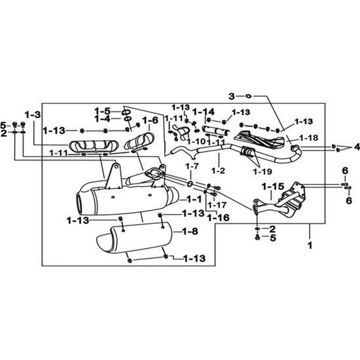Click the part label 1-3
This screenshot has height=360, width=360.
[33, 115]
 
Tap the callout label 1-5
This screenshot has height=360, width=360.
[102, 111]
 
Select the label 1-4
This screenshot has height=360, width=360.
[102, 119]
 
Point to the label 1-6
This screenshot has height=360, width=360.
[151, 120]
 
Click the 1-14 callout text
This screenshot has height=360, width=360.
[203, 112]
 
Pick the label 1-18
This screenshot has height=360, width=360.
[309, 137]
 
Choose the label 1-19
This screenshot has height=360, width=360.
[262, 171]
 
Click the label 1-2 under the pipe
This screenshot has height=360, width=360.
[218, 171]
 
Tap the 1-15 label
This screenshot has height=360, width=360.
[273, 187]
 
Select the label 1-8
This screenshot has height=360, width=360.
[190, 232]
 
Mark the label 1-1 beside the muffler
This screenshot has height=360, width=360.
[194, 199]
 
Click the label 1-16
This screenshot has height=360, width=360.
[219, 217]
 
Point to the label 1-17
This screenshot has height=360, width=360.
[217, 205]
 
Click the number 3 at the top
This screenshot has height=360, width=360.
[232, 96]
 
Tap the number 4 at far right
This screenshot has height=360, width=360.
[357, 147]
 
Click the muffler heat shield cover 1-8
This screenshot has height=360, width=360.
[135, 238]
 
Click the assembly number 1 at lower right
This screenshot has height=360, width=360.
[310, 245]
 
